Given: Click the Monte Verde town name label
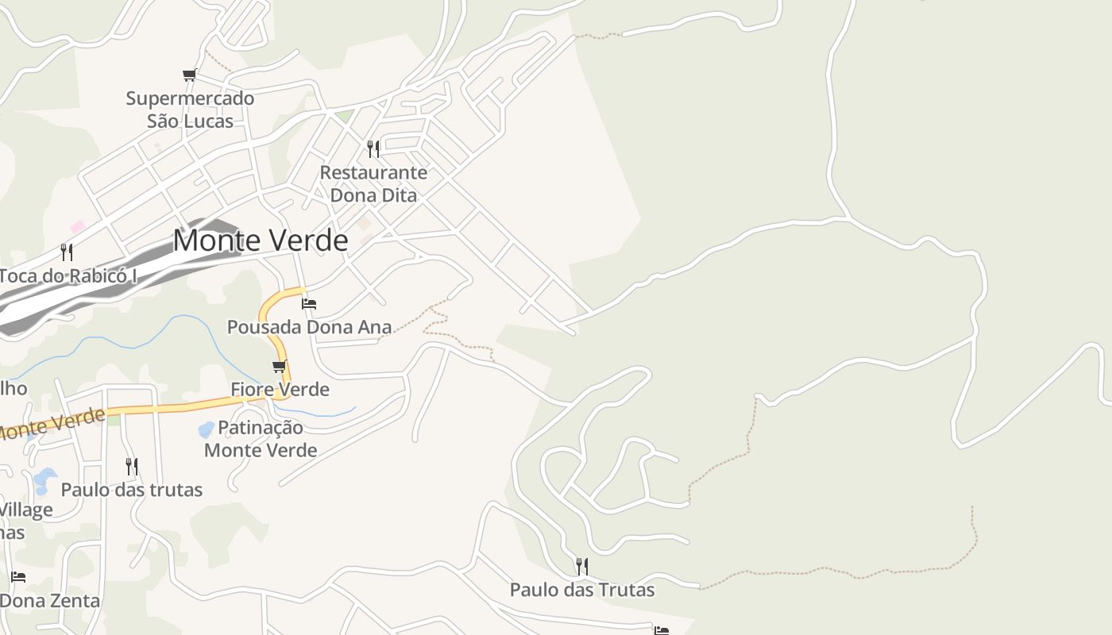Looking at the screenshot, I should point(261,241).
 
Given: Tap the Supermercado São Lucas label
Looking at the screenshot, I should point(190,110).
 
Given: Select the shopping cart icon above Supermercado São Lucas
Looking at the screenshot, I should point(189,75).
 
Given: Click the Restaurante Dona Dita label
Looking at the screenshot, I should point(373,183).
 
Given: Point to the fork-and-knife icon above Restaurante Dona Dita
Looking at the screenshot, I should point(373,148).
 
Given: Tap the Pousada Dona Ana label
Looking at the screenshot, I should point(309,327).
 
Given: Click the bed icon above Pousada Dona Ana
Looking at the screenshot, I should point(309,304).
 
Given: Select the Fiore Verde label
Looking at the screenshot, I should point(280,390).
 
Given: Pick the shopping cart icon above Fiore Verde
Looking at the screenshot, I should point(279,367).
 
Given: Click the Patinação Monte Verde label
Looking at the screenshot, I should point(261,439).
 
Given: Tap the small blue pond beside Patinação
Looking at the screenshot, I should point(206,430).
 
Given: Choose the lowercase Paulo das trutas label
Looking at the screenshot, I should point(132,490).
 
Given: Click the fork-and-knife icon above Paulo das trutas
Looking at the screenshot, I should point(132,466).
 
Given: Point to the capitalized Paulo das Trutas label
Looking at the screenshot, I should point(582,590).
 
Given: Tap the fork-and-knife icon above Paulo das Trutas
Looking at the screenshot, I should point(582,566).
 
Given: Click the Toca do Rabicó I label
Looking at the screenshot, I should point(68,276).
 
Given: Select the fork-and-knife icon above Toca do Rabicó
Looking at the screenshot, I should point(68,252).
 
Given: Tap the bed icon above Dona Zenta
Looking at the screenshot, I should point(18,577).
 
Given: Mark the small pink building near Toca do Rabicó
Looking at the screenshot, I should point(77,227).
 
